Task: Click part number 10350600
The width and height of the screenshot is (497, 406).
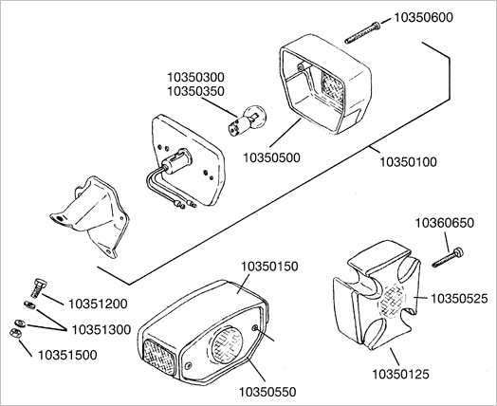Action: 423,17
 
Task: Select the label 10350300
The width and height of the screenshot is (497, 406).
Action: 196,77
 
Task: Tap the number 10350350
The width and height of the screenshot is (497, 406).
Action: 196,91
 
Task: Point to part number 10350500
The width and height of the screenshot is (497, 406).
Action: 271,157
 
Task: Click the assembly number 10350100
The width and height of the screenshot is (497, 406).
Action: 408,162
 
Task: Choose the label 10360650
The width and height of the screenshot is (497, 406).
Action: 445,223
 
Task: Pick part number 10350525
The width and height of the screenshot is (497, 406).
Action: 459,298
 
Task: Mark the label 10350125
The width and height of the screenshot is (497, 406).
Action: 400,375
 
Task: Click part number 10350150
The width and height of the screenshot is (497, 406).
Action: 269,267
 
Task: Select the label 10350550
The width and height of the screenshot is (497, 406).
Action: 267,392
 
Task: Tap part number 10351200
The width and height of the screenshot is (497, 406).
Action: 98,304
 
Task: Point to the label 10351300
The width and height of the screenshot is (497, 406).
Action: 101,329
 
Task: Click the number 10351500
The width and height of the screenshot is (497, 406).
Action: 67,355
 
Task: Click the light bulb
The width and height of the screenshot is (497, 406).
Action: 248,120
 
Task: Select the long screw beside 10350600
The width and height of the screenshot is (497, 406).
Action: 362,32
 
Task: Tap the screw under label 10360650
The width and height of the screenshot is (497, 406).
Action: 448,257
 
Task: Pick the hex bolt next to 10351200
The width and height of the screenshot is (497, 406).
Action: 39,287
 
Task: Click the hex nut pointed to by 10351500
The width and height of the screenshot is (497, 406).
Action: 15,333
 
